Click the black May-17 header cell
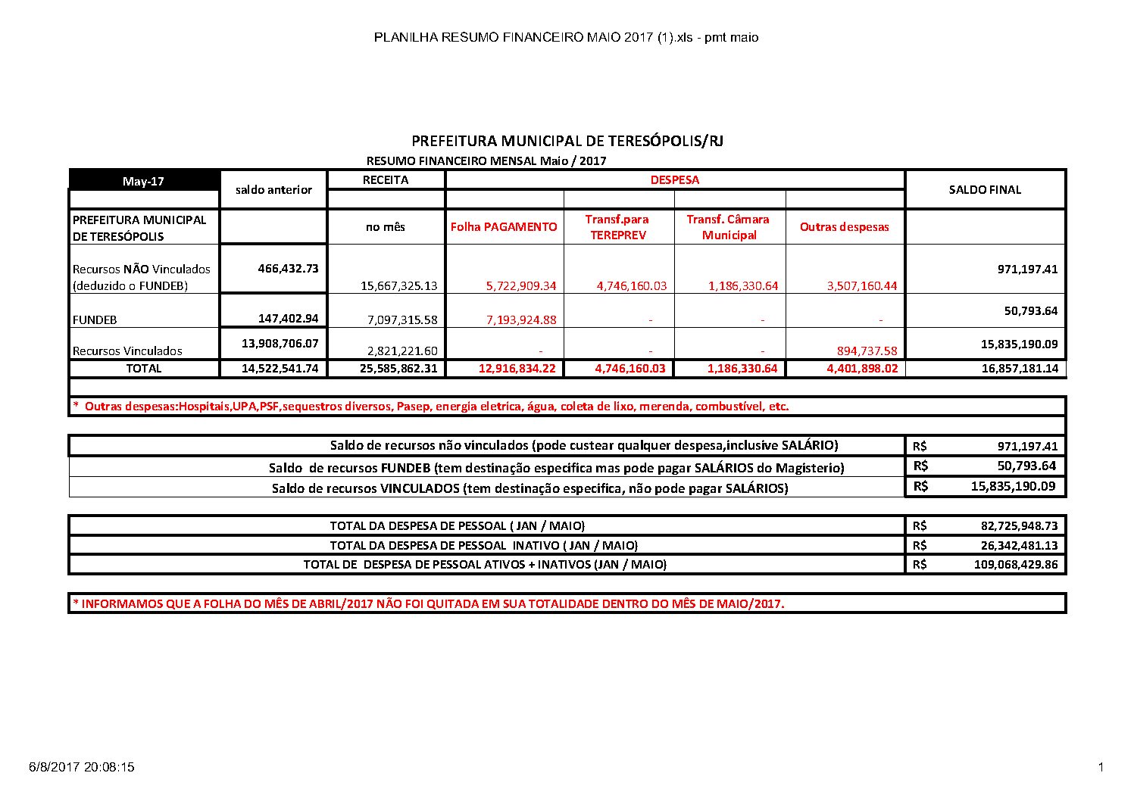click(x=144, y=182)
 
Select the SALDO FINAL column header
click(x=985, y=189)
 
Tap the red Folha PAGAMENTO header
click(x=504, y=226)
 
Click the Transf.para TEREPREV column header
click(x=617, y=226)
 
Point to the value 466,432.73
click(x=288, y=268)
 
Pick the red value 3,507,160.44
click(x=859, y=286)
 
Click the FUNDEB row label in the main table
click(x=95, y=319)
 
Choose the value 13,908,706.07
click(x=280, y=343)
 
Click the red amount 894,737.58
click(x=863, y=351)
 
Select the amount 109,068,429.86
click(x=1015, y=564)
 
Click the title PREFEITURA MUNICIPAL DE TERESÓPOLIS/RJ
click(x=567, y=142)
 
